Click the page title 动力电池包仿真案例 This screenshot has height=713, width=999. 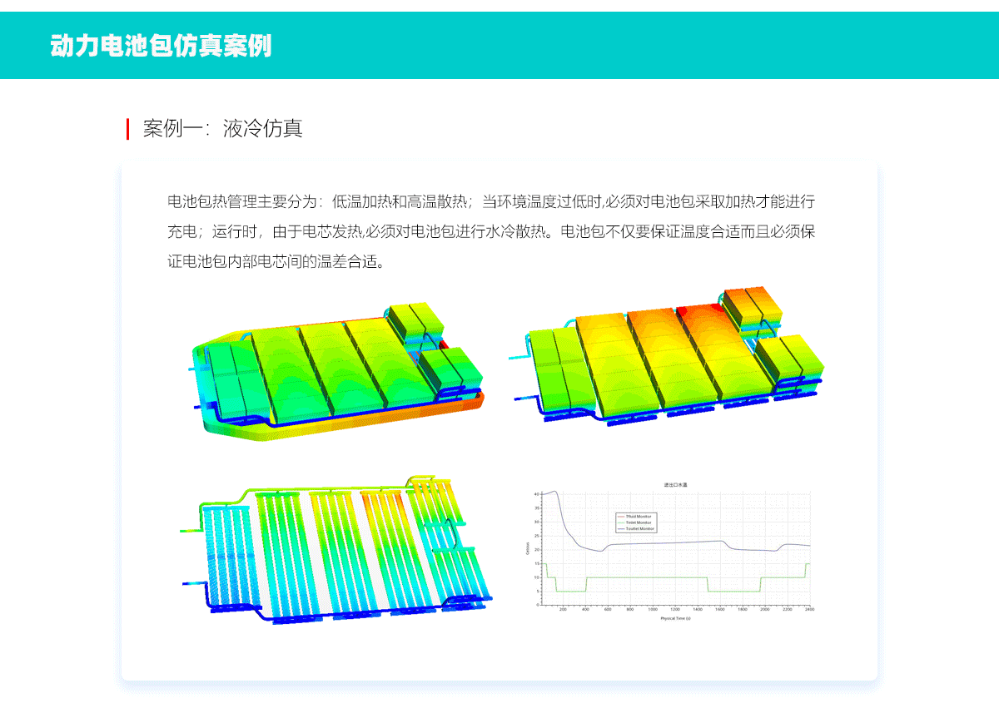click(x=161, y=46)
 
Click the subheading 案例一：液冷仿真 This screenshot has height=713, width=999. click(x=222, y=129)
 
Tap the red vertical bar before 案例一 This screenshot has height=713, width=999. click(x=127, y=129)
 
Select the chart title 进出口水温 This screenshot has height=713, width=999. click(x=675, y=484)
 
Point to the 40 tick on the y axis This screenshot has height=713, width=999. click(x=537, y=493)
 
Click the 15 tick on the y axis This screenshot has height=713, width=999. click(x=537, y=563)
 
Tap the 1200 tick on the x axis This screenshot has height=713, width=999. click(x=675, y=609)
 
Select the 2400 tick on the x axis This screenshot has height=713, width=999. click(x=808, y=609)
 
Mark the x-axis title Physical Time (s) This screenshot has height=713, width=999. click(x=675, y=619)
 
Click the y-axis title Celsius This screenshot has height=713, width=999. click(x=527, y=547)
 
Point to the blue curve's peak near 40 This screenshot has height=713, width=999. click(x=554, y=492)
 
